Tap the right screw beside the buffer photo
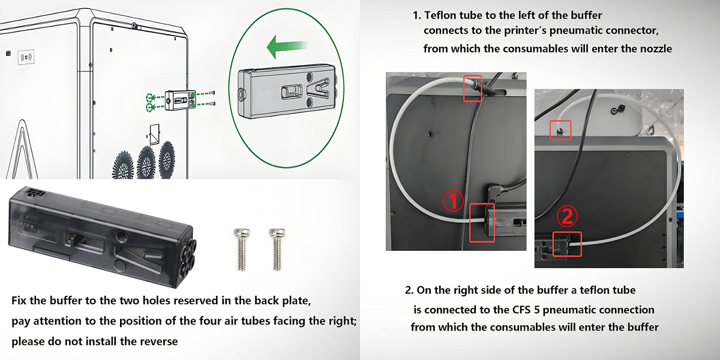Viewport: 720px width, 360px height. click(277, 247)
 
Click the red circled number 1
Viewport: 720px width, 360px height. click(454, 202)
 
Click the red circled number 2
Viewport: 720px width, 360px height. click(568, 215)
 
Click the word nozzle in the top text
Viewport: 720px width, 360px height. click(654, 49)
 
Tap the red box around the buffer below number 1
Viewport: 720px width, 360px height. click(482, 222)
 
